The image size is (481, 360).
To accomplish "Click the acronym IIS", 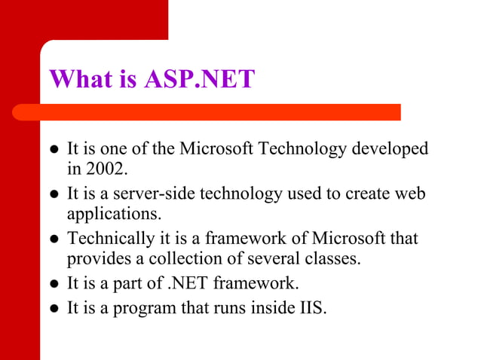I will [x=311, y=308].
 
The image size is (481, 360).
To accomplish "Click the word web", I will [x=410, y=194].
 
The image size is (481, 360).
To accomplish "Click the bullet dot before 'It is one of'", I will [x=54, y=149].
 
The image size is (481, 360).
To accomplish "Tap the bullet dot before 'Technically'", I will [x=54, y=240].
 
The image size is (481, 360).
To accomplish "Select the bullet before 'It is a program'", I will [x=54, y=309].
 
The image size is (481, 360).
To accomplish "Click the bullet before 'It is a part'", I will [x=54, y=285].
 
